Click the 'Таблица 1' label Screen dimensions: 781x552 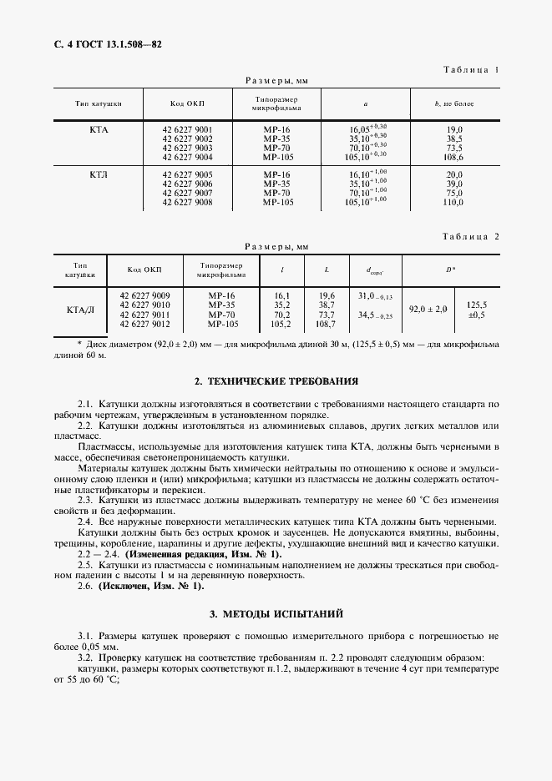pyautogui.click(x=471, y=69)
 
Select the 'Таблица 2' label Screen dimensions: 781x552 pyautogui.click(x=471, y=237)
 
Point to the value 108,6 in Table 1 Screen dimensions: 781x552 pyautogui.click(x=455, y=156)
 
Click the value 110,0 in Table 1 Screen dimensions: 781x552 pyautogui.click(x=455, y=202)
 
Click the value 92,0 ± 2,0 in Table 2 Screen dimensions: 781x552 pyautogui.click(x=428, y=310)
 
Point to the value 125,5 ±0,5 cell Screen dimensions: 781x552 pyautogui.click(x=476, y=310)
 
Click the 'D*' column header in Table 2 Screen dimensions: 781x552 pyautogui.click(x=450, y=270)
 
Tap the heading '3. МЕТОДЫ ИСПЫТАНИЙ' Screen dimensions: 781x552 pyautogui.click(x=276, y=613)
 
